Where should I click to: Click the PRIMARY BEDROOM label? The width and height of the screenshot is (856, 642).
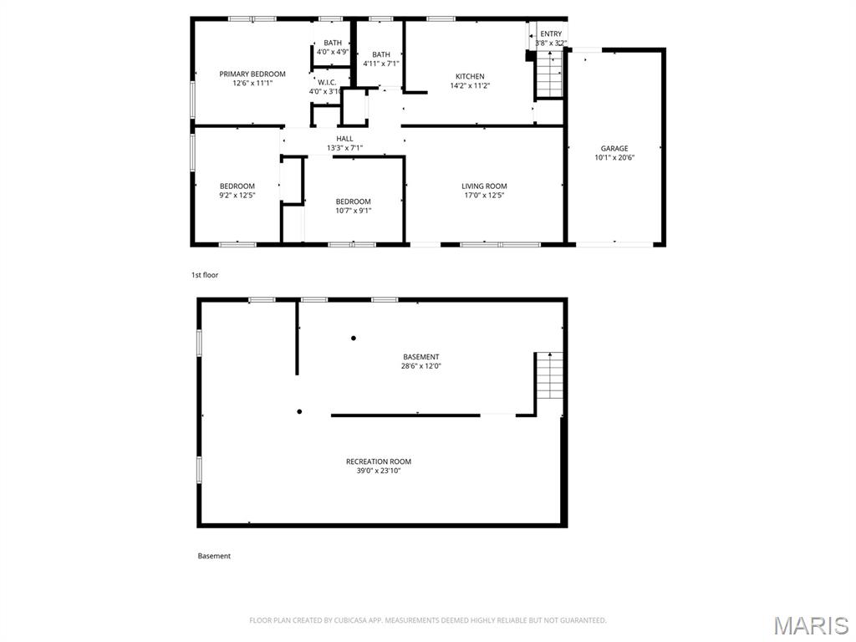pos(252,74)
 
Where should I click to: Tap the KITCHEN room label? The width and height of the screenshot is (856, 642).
pos(469,76)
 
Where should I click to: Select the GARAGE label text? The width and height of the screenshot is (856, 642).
pos(614,148)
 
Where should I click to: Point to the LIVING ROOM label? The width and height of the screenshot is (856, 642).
pos(484,186)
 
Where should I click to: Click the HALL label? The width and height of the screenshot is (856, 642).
pos(344,139)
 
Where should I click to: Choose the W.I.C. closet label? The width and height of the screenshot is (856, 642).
pos(326,82)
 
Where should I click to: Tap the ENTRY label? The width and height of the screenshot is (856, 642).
pos(551,33)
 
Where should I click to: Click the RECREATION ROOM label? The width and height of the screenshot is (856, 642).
pos(379,461)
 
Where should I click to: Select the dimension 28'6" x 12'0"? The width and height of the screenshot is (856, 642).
pos(420,366)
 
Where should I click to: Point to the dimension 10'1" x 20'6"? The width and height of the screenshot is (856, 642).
pos(614,157)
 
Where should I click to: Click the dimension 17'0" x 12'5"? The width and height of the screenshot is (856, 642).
pos(484,195)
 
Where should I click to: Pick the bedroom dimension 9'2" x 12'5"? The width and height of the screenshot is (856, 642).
pos(237,195)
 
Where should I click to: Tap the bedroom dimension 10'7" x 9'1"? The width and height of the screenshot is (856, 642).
pos(353,211)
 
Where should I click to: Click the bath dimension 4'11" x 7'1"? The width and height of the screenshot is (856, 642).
pos(380,64)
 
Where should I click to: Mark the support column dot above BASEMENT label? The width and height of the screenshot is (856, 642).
pos(354,338)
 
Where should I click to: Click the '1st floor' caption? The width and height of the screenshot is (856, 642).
pos(205,274)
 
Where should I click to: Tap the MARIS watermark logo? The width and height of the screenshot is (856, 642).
pos(811,625)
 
